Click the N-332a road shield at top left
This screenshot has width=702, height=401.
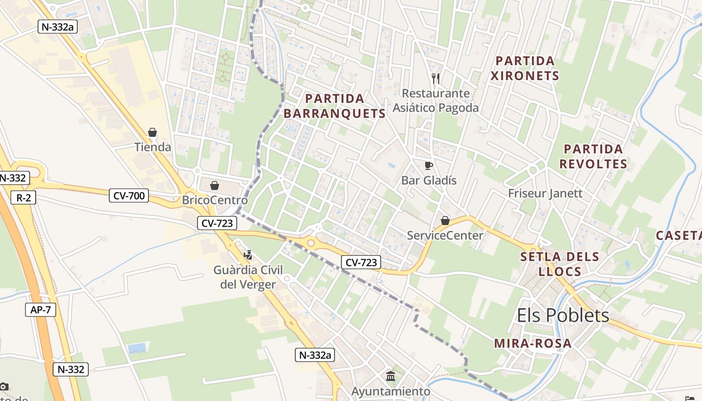tap(57, 27)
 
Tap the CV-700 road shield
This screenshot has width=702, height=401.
tap(129, 195)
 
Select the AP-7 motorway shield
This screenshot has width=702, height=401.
tap(40, 310)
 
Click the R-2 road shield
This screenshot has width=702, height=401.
tap(24, 197)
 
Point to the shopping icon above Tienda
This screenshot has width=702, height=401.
tap(152, 133)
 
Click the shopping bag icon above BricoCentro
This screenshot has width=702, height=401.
tap(215, 185)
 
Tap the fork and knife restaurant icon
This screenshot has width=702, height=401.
tap(436, 78)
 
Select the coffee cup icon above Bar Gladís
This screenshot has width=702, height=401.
tap(428, 165)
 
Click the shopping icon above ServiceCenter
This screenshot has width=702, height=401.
tap(445, 221)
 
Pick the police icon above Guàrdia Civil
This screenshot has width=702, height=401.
tap(248, 255)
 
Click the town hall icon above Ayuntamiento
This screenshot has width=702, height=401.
tap(391, 376)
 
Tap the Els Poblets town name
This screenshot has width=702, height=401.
tap(563, 315)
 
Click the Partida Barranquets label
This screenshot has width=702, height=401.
tap(334, 106)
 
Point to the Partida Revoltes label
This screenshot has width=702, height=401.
tap(593, 156)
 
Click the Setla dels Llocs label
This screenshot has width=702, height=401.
tap(560, 264)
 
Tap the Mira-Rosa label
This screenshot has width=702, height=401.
tap(533, 343)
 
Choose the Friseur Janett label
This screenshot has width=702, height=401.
tap(545, 193)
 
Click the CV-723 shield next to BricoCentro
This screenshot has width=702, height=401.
tap(217, 223)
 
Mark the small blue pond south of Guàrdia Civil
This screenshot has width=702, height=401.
tap(136, 348)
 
